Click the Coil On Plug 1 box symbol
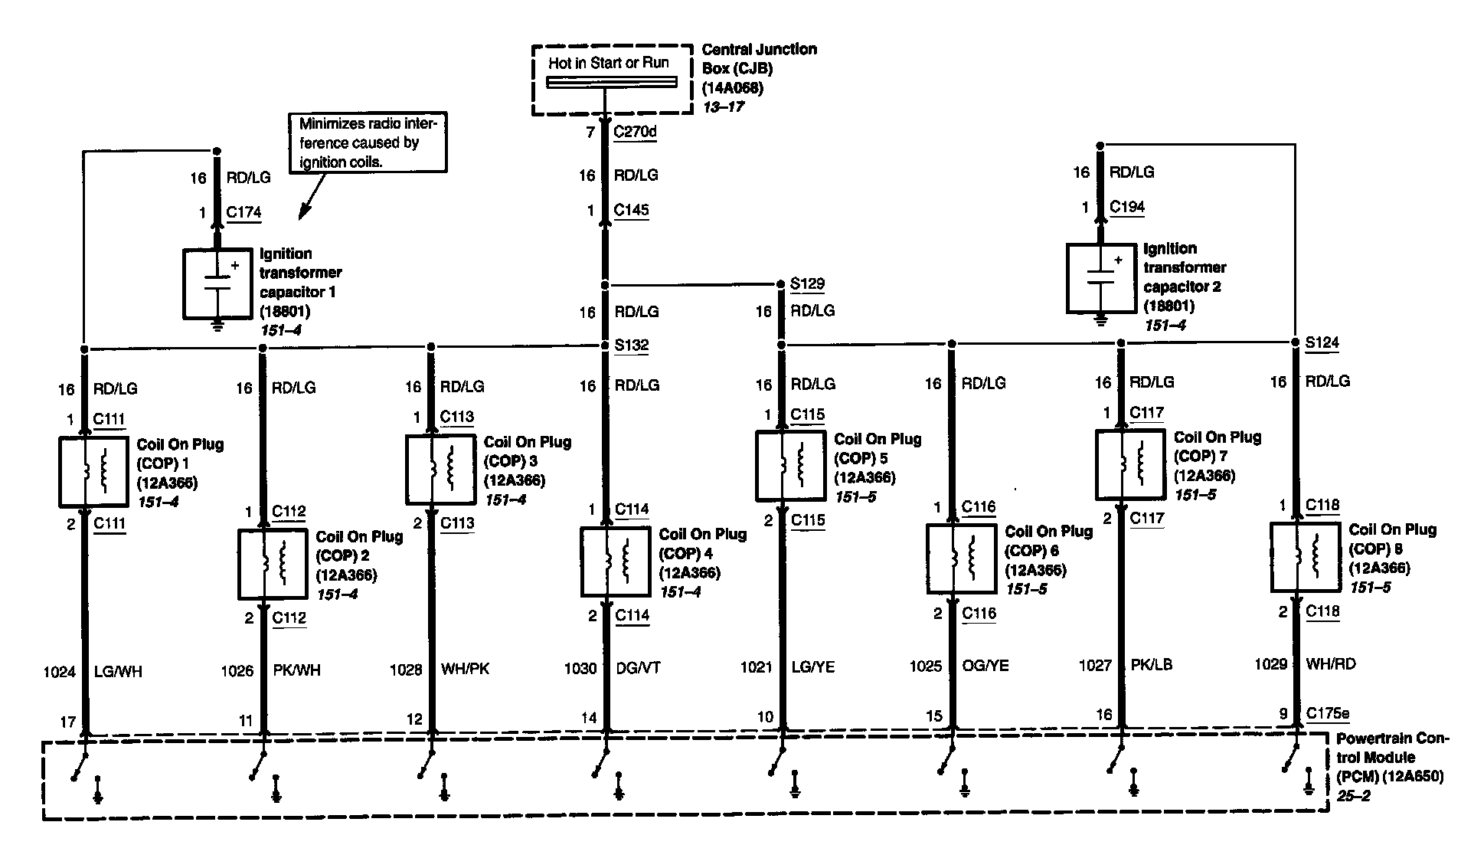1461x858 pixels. (93, 472)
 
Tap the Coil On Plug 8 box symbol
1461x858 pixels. (1305, 557)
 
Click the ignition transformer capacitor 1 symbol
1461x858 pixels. (217, 283)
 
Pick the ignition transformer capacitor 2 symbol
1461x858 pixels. (1101, 278)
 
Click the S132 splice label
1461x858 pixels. (632, 345)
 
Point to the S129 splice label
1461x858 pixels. (807, 284)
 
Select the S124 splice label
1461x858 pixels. (1322, 342)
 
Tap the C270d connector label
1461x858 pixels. (635, 133)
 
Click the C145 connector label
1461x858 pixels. (632, 211)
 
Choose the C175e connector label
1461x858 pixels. (1328, 714)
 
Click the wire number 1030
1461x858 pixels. (580, 669)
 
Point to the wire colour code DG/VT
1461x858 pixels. (638, 669)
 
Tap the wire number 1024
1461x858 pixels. (60, 673)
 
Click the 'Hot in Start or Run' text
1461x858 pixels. (608, 63)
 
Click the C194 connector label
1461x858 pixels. (1127, 207)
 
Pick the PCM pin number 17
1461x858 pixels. (67, 722)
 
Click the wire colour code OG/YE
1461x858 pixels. (985, 666)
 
